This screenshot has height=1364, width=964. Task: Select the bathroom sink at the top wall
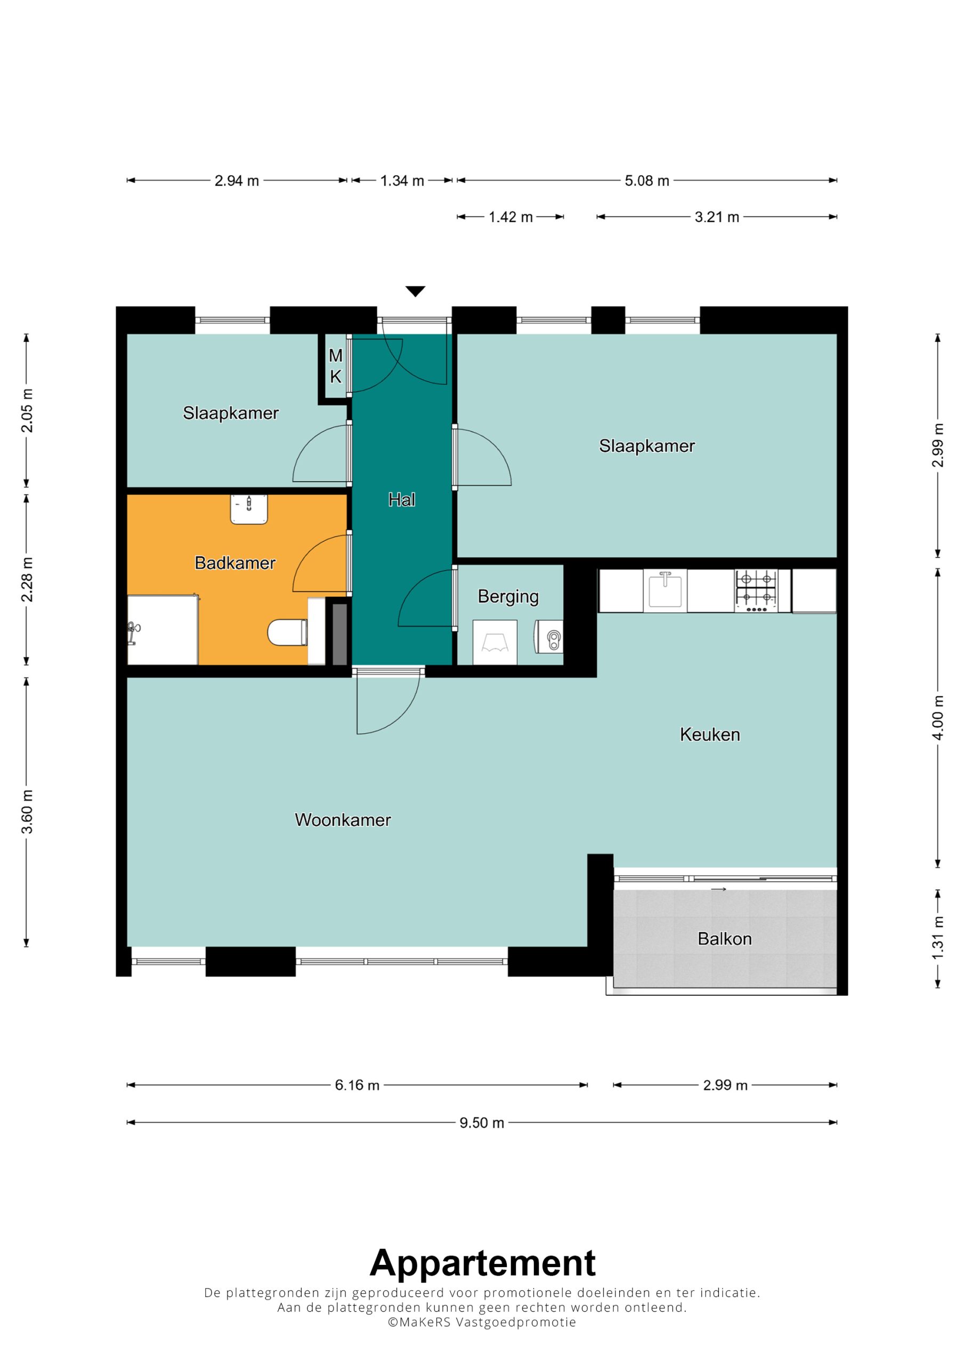coord(249,509)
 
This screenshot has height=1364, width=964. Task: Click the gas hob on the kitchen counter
coord(756,590)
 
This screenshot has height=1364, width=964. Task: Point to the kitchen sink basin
coord(665,590)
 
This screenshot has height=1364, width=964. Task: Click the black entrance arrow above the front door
coord(416,291)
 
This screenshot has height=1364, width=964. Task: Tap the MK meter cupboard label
coord(336,366)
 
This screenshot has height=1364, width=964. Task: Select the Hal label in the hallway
coord(402,500)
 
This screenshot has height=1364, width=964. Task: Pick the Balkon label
coord(725,939)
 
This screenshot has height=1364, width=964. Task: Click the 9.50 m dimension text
coord(481,1123)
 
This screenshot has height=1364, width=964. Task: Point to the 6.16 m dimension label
coord(357,1085)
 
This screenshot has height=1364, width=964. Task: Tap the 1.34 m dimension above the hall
coord(402,181)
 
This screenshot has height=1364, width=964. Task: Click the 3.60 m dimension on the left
coord(27,811)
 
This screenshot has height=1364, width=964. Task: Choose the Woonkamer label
coord(343,820)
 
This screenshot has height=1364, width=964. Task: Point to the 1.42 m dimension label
coord(511,217)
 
